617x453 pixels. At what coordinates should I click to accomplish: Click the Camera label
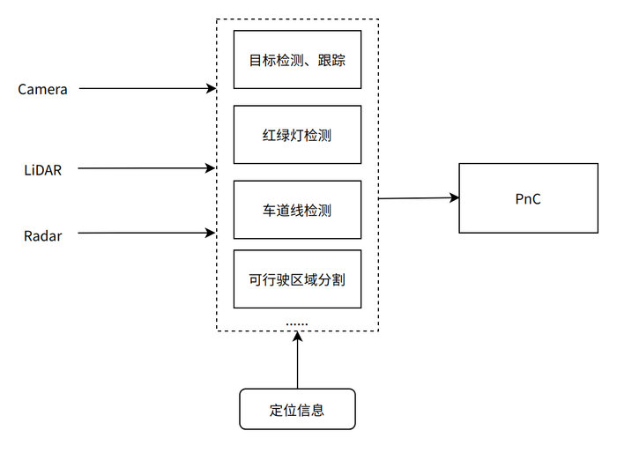42,89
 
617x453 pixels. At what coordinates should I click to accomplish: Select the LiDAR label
42,168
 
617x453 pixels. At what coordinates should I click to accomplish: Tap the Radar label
42,235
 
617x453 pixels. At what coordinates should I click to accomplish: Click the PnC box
527,198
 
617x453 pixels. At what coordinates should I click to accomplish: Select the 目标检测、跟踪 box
297,60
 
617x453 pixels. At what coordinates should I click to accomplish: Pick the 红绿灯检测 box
297,135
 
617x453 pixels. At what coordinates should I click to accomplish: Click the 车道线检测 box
297,210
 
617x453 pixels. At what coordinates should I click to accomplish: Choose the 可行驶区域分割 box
297,279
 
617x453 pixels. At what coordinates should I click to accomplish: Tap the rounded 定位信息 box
297,409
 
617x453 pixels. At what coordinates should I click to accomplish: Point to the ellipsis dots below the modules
297,323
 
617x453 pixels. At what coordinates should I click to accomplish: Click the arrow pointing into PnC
419,198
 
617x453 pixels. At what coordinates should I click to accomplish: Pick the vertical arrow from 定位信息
297,361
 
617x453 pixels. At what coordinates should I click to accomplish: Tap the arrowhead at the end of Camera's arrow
212,89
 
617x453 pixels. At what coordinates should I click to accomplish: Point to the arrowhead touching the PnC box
454,198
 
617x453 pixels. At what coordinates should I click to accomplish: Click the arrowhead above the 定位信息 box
297,337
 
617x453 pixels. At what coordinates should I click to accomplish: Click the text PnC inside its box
527,199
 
